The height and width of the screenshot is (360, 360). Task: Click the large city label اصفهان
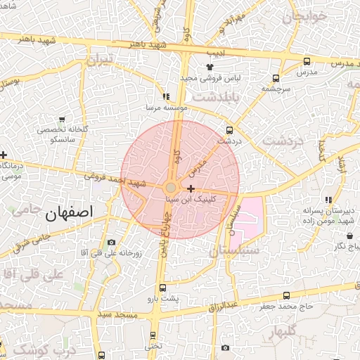pyautogui.click(x=69, y=212)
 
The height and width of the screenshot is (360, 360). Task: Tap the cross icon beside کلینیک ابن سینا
pyautogui.click(x=191, y=188)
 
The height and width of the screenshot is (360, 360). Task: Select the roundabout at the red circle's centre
pyautogui.click(x=171, y=188)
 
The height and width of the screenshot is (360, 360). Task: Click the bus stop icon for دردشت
pyautogui.click(x=229, y=130)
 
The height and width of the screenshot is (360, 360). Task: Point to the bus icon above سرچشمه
pyautogui.click(x=275, y=78)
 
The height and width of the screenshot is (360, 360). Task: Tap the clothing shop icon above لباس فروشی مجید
pyautogui.click(x=209, y=67)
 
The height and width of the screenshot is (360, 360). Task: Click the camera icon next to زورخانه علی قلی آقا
pyautogui.click(x=111, y=243)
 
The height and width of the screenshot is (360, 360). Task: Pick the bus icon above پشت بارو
pyautogui.click(x=163, y=288)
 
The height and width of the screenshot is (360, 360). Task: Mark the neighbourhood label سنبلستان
pyautogui.click(x=235, y=250)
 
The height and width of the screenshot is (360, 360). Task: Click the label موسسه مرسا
pyautogui.click(x=166, y=108)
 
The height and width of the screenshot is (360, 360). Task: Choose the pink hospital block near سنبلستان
pyautogui.click(x=246, y=219)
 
